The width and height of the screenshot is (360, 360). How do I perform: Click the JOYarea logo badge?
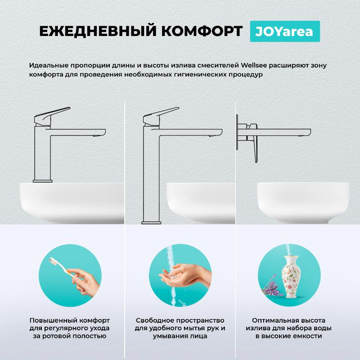[285, 31]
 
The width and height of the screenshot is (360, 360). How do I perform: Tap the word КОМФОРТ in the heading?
[202, 31]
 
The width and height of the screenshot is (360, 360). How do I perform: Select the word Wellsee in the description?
[254, 65]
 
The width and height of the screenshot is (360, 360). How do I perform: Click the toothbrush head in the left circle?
[53, 261]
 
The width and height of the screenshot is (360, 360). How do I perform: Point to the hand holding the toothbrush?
[85, 283]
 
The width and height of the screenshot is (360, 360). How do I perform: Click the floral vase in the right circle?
[291, 277]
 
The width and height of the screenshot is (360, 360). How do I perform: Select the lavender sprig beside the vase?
[272, 285]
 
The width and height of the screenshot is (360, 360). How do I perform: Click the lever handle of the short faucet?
[52, 116]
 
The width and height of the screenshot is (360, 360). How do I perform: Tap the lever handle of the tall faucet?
[161, 116]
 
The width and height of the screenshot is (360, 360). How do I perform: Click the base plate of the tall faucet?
[151, 223]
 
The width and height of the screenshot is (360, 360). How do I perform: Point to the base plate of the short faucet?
[42, 181]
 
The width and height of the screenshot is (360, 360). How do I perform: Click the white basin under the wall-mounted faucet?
[303, 202]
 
